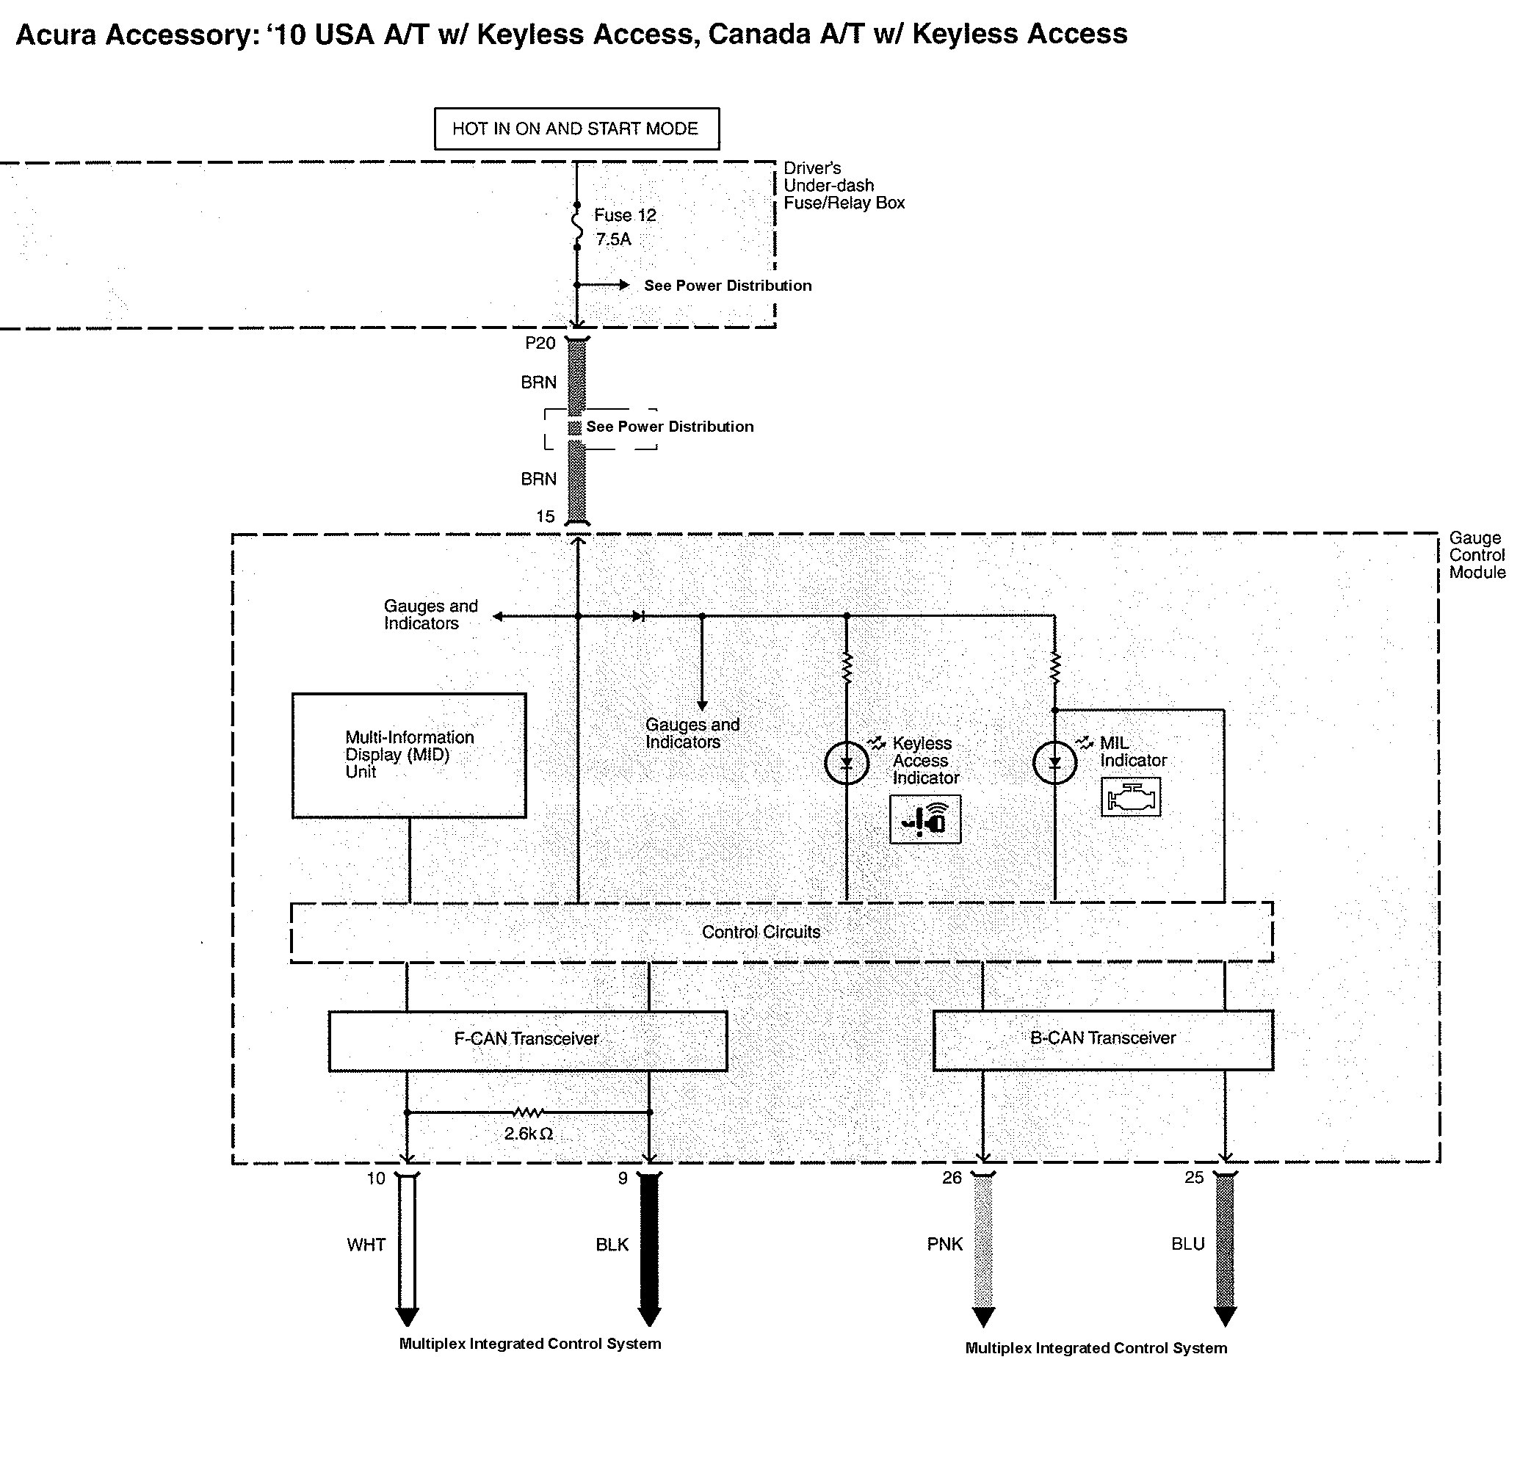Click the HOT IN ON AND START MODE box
[x=576, y=128]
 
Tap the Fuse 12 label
[x=624, y=216]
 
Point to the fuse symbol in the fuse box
[x=577, y=226]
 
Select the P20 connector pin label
[x=540, y=344]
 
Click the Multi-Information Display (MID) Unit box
[x=409, y=756]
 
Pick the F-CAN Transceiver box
[x=527, y=1040]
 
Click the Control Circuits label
[x=760, y=933]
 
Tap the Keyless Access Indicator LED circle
[x=846, y=763]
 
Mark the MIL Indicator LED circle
[x=1054, y=763]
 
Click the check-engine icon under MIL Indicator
[x=1131, y=797]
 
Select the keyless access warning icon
[x=925, y=819]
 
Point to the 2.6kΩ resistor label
[x=528, y=1134]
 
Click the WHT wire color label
[x=366, y=1245]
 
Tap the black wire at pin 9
[x=649, y=1245]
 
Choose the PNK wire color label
[x=944, y=1245]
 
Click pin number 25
[x=1193, y=1179]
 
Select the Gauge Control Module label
[x=1476, y=555]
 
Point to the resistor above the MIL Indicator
[x=1054, y=667]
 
